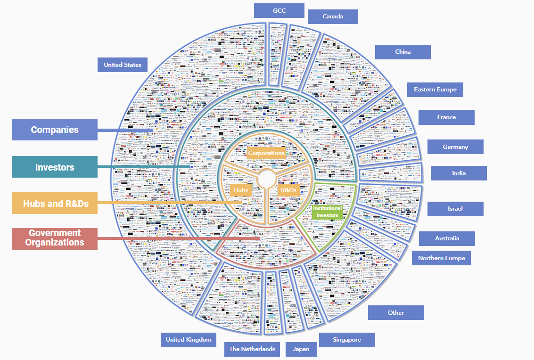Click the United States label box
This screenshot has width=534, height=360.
[x=123, y=65]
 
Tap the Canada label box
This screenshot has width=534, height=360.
[x=333, y=16]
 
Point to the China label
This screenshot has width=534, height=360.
[x=403, y=52]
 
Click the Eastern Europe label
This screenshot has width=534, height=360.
[x=435, y=90]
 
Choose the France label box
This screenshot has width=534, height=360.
[x=446, y=117]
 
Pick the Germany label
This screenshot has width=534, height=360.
[x=455, y=147]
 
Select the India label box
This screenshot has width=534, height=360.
[x=459, y=173]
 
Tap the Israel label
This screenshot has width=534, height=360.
[x=455, y=209]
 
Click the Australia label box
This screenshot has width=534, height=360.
[x=447, y=238]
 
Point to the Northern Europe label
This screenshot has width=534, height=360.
[x=441, y=258]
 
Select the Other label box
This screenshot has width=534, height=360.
[x=396, y=312]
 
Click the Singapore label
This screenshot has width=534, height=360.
[x=347, y=340]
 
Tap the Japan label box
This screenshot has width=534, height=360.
[x=301, y=349]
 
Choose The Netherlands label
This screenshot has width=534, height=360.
[x=252, y=349]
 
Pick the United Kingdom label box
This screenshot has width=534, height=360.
[x=189, y=340]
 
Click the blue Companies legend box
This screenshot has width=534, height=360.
[x=55, y=130]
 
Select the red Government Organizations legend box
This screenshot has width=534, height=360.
[x=55, y=238]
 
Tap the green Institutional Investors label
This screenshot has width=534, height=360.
[x=327, y=212]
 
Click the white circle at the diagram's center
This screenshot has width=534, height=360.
[x=266, y=179]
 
